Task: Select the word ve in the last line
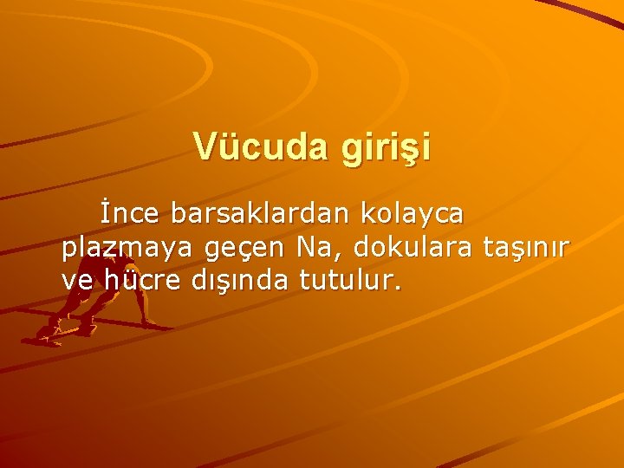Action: point(75,281)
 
